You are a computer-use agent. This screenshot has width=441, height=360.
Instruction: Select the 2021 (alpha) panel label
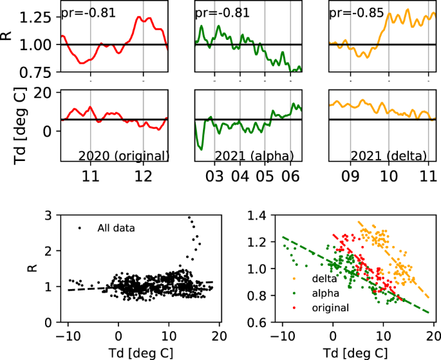click(x=256, y=156)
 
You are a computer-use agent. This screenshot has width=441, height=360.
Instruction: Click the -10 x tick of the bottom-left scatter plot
click(x=65, y=336)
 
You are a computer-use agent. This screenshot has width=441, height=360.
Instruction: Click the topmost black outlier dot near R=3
click(x=189, y=218)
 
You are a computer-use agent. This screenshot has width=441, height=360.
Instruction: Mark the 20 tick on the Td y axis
click(x=42, y=93)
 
